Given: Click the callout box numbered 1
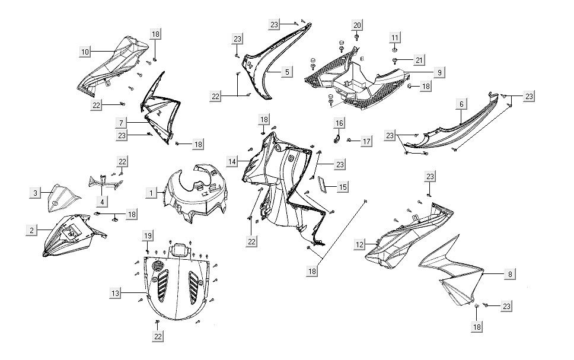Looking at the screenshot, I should coord(152,193).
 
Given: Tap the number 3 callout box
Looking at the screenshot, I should coord(36,193).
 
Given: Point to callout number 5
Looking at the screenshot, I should coord(287,72).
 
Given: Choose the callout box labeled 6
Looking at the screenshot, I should coord(461,104).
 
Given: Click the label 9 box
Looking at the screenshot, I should coord(439,72).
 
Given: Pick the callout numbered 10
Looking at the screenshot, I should coord(85,52).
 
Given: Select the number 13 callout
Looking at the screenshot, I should coord(116,293).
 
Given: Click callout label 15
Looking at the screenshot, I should coord(343,187).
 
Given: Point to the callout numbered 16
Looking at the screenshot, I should coord(339,123).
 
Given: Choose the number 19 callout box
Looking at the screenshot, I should coord(148,237).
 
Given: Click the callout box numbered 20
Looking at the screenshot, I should coord(357,25).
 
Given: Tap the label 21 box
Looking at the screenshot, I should coord(419,60).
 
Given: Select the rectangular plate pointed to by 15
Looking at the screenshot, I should coord(323,184).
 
